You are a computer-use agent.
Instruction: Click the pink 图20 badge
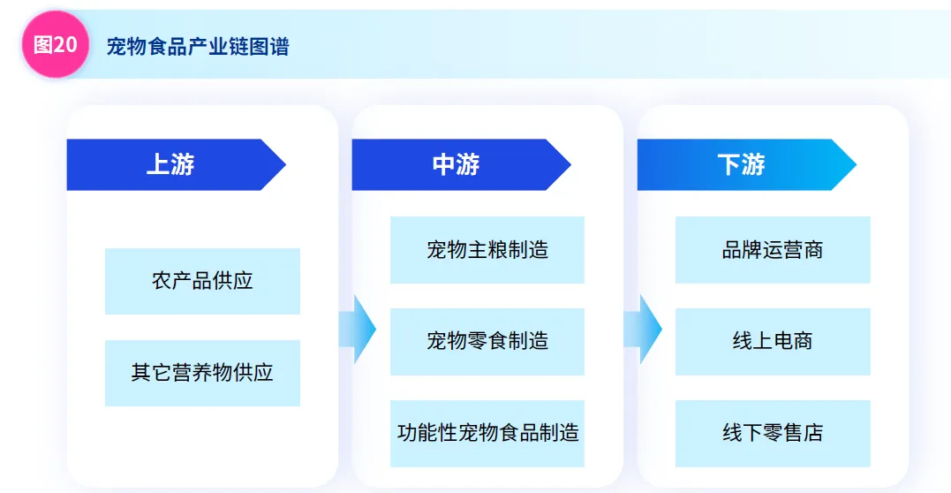tap(55, 45)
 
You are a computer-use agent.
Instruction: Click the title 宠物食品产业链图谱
tap(198, 47)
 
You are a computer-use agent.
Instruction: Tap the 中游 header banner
tap(456, 164)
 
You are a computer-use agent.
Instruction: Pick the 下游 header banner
tap(741, 164)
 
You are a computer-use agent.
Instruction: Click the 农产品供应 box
tap(202, 281)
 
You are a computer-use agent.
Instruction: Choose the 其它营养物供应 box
tap(202, 373)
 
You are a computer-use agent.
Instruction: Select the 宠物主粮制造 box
tap(487, 250)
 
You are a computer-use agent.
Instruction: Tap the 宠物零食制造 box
tap(487, 341)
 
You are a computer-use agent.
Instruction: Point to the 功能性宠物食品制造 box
tap(487, 433)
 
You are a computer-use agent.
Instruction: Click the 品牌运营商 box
tap(773, 250)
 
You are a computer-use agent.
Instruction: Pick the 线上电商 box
tap(773, 341)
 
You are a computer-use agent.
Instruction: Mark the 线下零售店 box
tap(773, 433)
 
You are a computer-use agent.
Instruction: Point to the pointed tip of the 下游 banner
tap(849, 164)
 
